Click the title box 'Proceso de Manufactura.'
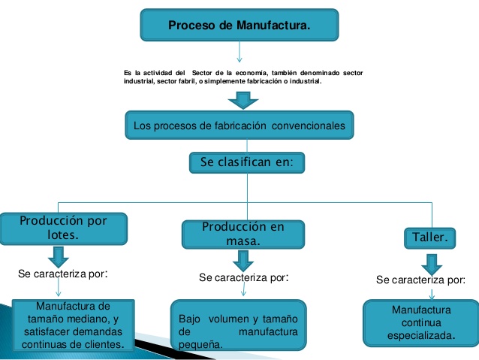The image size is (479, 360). [x=239, y=26]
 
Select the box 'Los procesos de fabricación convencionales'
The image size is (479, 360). [x=239, y=126]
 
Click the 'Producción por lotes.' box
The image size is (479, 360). [x=63, y=228]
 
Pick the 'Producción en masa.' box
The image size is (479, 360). [x=243, y=234]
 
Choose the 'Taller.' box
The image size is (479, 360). [x=431, y=237]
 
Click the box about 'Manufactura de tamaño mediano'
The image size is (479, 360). [x=73, y=325]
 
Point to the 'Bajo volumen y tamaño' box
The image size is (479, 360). [x=238, y=325]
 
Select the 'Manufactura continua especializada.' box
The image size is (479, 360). [x=422, y=322]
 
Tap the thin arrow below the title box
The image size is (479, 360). [x=239, y=52]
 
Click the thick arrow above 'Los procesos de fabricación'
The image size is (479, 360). [x=242, y=100]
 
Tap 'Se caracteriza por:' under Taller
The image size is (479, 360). [x=420, y=280]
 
